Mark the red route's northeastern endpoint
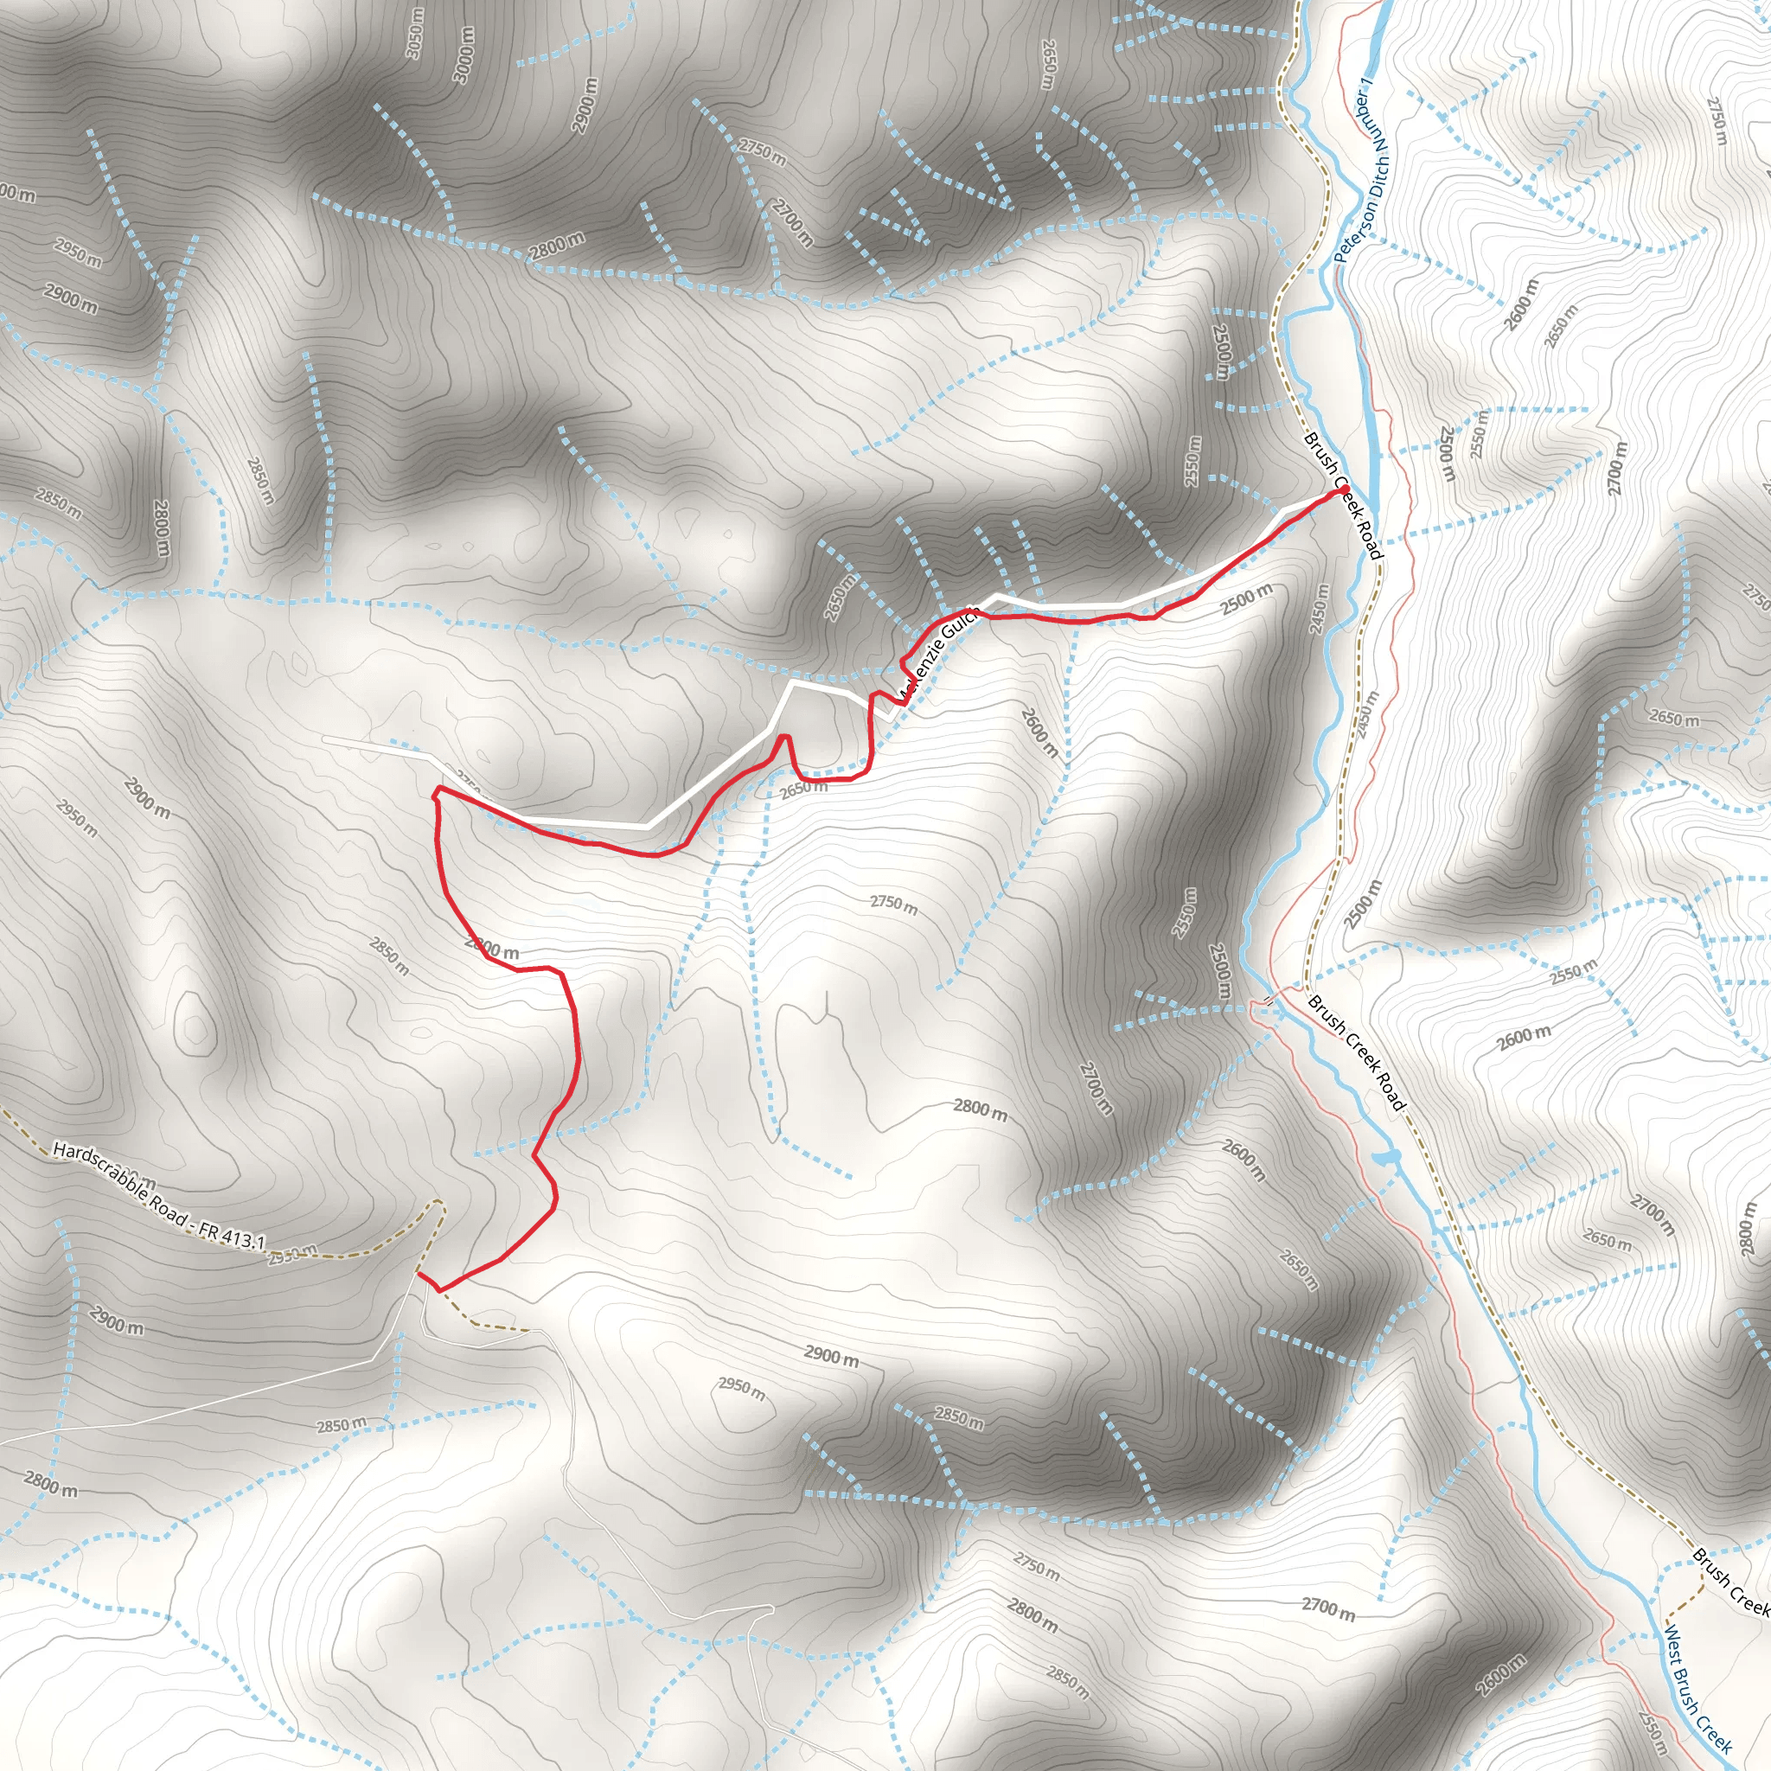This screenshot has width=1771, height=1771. pyautogui.click(x=1343, y=491)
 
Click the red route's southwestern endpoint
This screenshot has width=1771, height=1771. pyautogui.click(x=418, y=1273)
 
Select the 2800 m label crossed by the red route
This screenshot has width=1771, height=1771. pyautogui.click(x=492, y=949)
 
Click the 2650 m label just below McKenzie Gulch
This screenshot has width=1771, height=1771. pyautogui.click(x=803, y=789)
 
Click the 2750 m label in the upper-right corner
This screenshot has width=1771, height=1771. pyautogui.click(x=1717, y=121)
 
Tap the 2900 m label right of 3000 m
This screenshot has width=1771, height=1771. pyautogui.click(x=585, y=105)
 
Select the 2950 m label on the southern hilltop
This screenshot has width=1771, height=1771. pyautogui.click(x=741, y=1390)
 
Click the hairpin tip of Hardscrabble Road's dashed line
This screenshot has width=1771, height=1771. pyautogui.click(x=438, y=1201)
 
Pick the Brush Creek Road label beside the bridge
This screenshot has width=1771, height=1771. pyautogui.click(x=1355, y=1053)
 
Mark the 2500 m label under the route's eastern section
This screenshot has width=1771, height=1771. pyautogui.click(x=1246, y=599)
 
